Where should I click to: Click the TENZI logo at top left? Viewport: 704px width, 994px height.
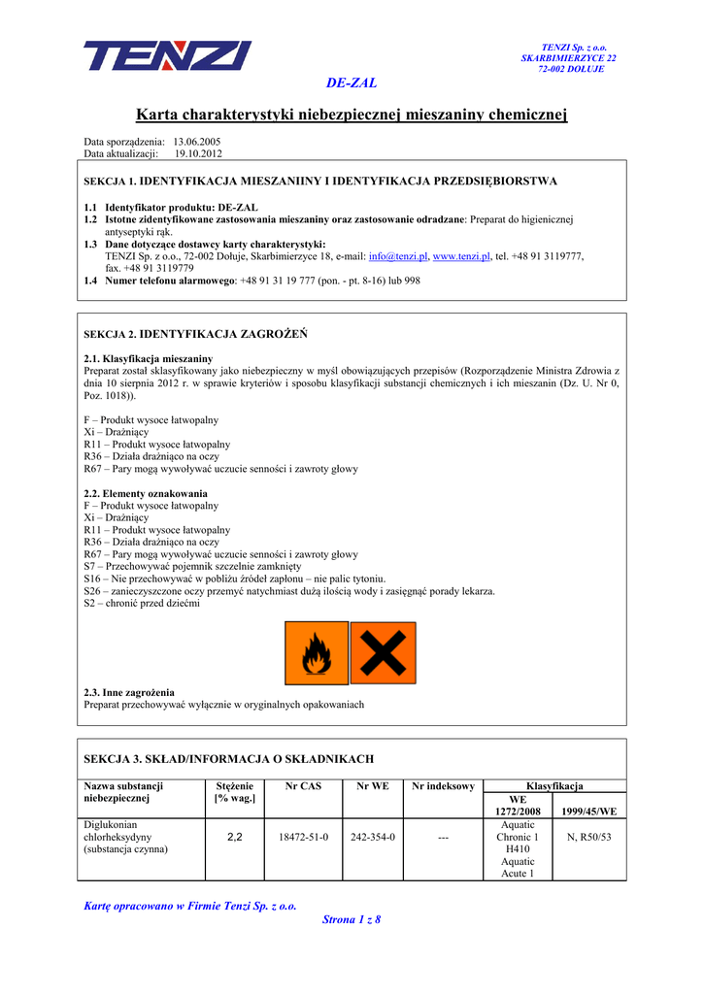167,55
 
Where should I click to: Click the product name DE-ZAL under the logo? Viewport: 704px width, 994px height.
352,83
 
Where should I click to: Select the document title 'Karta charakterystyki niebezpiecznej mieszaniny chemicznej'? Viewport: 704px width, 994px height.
352,115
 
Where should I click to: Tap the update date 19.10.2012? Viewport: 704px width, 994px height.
198,153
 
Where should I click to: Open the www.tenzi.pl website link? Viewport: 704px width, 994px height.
461,256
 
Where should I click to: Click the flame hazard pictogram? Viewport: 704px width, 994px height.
316,653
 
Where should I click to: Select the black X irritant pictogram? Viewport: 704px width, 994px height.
383,653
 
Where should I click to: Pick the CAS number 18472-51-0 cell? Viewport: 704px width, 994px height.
304,837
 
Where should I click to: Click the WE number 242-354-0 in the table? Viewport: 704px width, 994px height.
373,837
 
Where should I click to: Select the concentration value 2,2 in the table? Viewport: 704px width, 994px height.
234,837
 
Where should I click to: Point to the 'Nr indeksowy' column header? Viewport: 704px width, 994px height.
443,786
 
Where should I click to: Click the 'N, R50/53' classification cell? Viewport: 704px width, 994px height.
588,837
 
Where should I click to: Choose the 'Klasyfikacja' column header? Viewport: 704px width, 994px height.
553,786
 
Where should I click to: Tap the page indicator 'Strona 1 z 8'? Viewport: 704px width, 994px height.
352,919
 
